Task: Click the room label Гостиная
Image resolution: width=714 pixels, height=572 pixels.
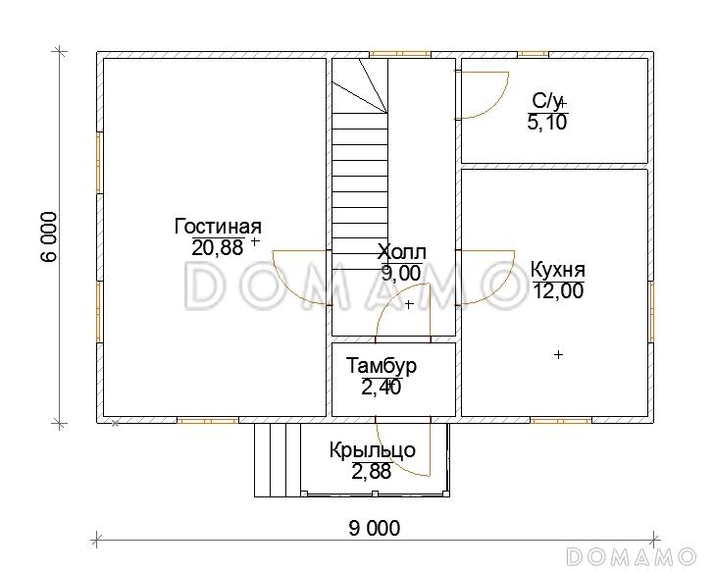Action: pos(218,227)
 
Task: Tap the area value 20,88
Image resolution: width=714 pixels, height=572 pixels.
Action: pos(218,248)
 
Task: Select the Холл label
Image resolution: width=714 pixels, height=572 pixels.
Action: pos(402,251)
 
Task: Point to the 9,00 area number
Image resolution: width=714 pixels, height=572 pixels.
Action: pos(401,273)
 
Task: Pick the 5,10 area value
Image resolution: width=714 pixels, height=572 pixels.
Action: pos(547,122)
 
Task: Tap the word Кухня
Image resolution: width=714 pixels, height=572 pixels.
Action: pos(558,269)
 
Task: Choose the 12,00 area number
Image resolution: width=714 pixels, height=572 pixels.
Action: pos(558,290)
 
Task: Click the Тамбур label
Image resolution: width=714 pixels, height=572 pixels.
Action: pos(382,365)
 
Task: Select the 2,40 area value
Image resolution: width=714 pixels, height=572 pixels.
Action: pos(382,388)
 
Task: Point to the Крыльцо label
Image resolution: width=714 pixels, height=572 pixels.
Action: pos(373,450)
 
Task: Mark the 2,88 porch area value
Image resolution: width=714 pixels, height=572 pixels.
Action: pos(371,471)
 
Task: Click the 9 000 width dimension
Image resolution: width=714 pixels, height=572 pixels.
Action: pos(375,528)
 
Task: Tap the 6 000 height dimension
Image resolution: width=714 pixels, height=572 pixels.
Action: pos(49,236)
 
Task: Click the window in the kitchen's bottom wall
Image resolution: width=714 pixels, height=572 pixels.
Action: pos(561,420)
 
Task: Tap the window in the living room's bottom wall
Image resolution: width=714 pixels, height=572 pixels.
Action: pos(208,420)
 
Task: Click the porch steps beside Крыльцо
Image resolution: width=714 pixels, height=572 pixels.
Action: pos(278,459)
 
